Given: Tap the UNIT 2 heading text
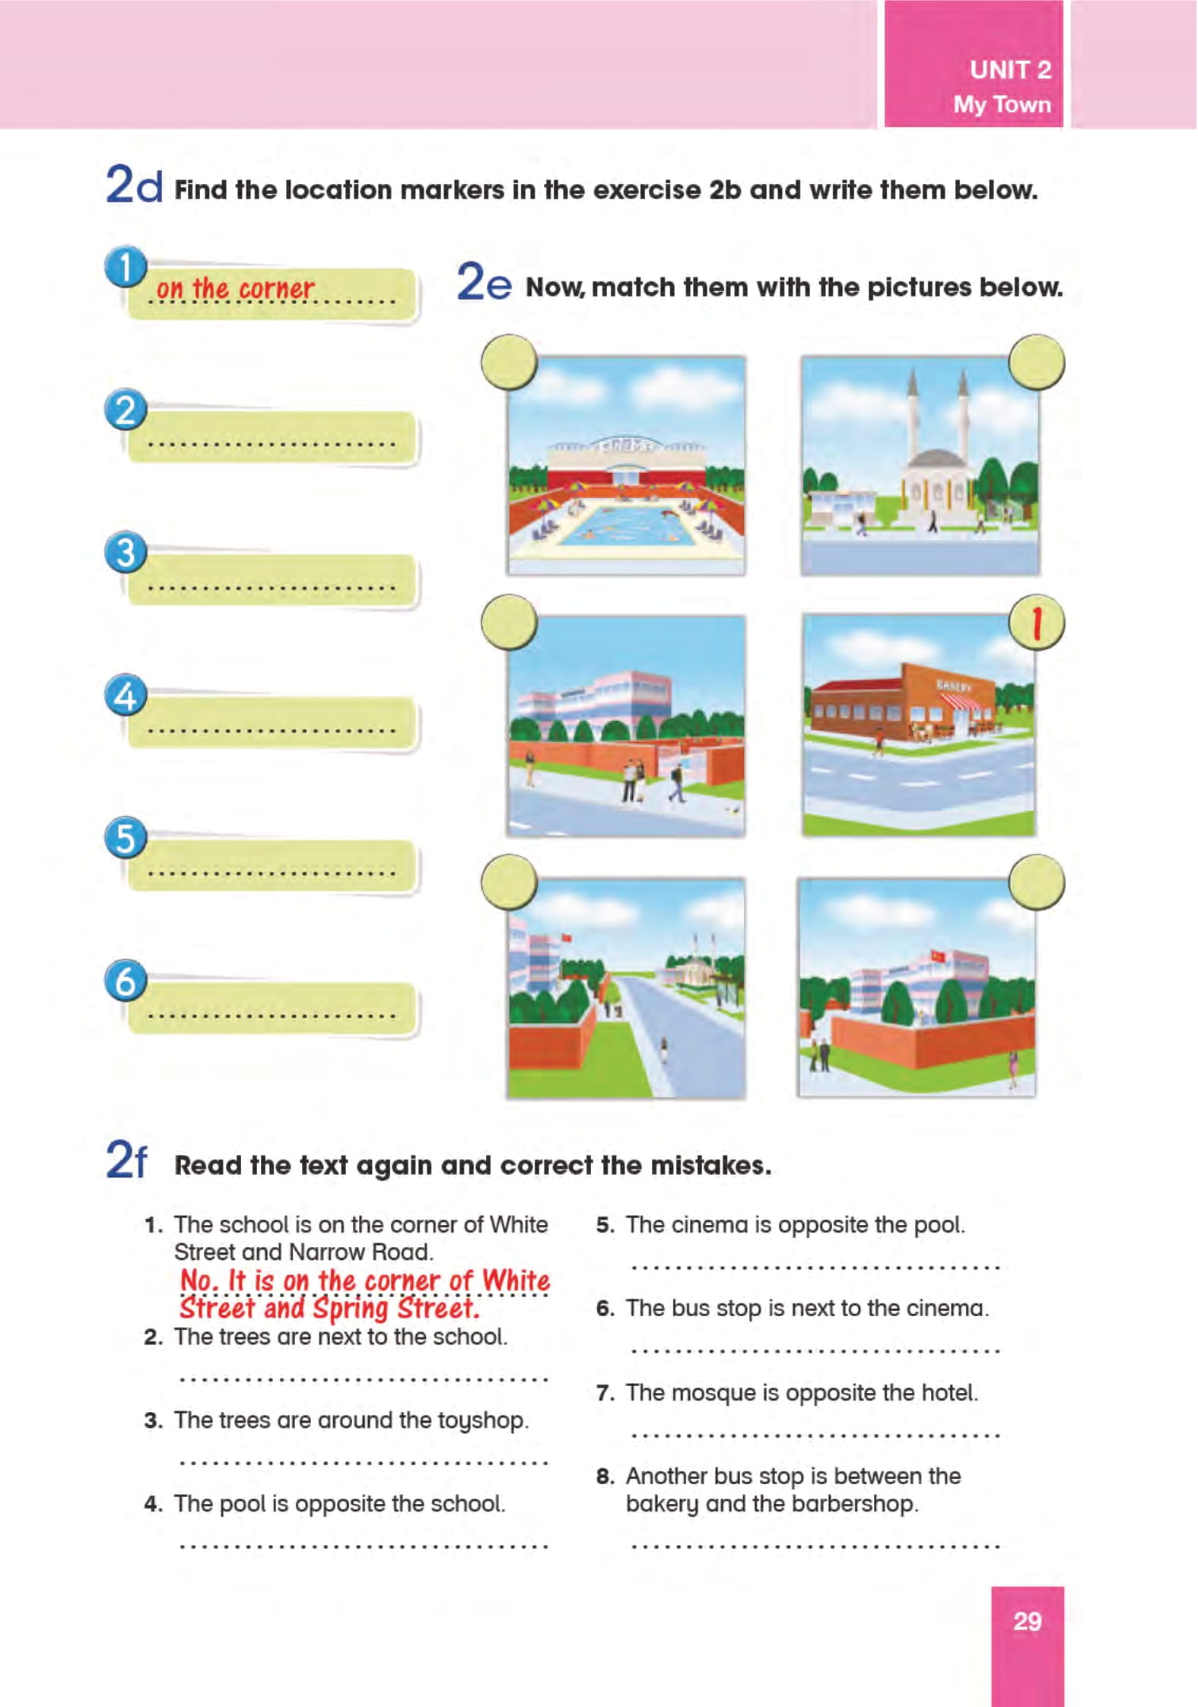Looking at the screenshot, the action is coord(1010,70).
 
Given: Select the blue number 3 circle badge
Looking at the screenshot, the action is coord(126,552).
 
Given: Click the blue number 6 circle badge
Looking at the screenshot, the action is coord(126,980).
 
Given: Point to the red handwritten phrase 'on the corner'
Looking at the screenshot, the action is coord(235,288).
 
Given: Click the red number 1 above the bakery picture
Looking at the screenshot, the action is coord(1036,623).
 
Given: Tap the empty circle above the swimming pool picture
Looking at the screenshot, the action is coord(509,363).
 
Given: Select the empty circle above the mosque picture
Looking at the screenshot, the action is coord(1036,363).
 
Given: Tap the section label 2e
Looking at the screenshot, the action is coord(484,282).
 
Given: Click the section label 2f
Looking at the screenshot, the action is coord(126,1160).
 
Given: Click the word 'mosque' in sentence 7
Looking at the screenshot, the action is coord(713,1393).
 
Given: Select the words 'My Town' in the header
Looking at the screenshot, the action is coord(1003,104).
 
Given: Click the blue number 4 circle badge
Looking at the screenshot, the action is coord(126,695).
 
